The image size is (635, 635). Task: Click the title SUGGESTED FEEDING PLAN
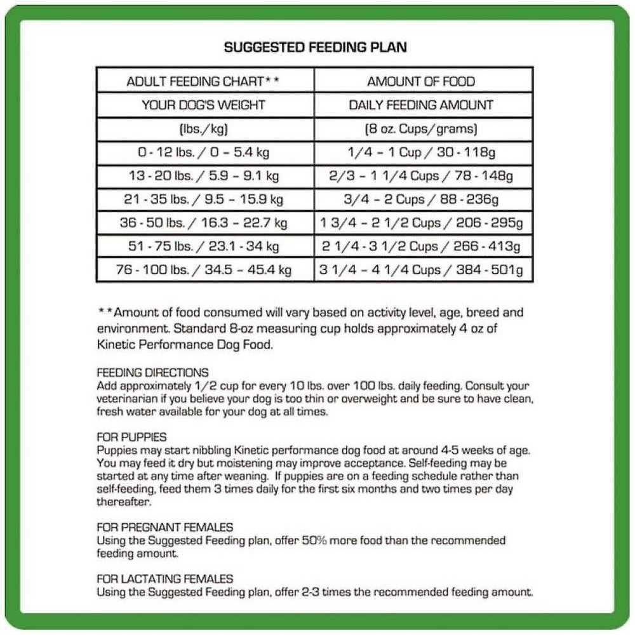(x=316, y=48)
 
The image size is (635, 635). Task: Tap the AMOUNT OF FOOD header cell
(x=421, y=81)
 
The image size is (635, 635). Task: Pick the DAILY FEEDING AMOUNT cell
(x=421, y=105)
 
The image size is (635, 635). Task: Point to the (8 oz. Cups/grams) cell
(x=421, y=129)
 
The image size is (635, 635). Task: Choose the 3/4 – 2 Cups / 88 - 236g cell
(x=421, y=199)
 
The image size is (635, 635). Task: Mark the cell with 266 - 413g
(x=421, y=246)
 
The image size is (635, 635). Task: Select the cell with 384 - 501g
(x=421, y=270)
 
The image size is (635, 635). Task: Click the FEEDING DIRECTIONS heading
(x=152, y=373)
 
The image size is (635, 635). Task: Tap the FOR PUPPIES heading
(x=131, y=437)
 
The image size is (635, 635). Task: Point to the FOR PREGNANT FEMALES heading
(x=164, y=527)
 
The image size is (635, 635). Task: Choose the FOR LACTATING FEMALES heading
(x=164, y=578)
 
